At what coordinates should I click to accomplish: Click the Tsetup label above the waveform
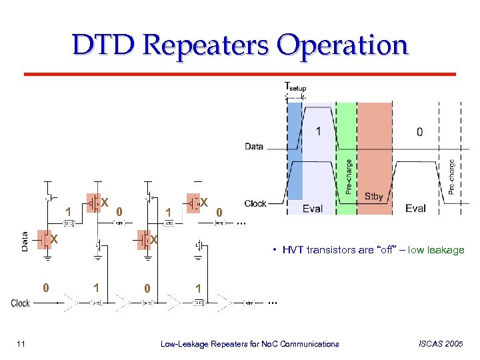click(x=295, y=87)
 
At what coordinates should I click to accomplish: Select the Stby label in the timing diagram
click(x=374, y=197)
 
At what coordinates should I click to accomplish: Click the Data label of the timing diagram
click(x=254, y=146)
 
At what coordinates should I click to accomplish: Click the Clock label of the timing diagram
click(x=255, y=203)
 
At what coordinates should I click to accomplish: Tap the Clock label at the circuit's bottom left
click(x=20, y=303)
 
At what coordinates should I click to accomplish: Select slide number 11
click(x=21, y=344)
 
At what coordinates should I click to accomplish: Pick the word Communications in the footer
click(x=309, y=344)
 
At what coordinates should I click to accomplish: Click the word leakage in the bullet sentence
click(x=443, y=250)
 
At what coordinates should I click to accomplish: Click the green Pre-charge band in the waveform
click(x=346, y=160)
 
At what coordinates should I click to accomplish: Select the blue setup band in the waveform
click(x=295, y=153)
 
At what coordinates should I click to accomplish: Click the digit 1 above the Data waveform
click(x=318, y=131)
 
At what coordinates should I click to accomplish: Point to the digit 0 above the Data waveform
click(x=419, y=132)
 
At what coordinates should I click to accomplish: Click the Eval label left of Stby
click(x=312, y=209)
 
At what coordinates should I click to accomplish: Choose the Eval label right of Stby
click(x=415, y=209)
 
